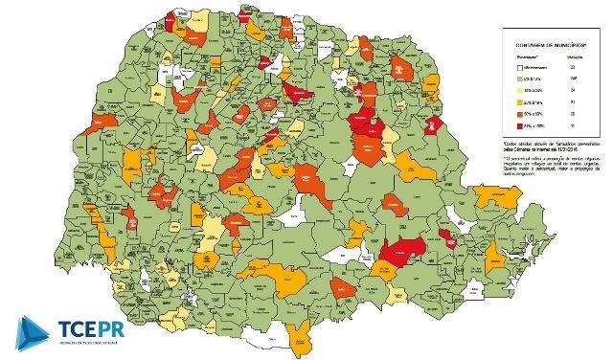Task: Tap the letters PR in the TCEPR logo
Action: tap(100, 325)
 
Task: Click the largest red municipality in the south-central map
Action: tap(402, 251)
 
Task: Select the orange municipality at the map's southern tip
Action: tap(302, 337)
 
